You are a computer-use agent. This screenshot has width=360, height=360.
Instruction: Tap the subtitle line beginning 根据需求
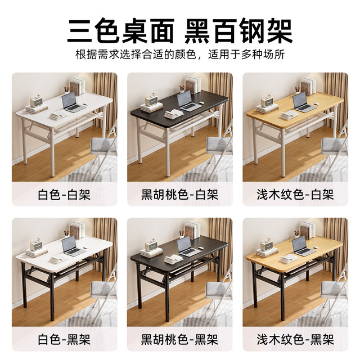180,56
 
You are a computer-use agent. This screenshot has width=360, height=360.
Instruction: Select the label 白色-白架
64,195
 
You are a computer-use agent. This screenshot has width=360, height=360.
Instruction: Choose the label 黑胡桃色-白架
180,195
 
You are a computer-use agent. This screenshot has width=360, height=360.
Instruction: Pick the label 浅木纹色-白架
295,195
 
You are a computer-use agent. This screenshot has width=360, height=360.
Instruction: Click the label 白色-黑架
64,340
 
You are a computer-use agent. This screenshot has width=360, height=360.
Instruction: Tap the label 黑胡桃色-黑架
180,340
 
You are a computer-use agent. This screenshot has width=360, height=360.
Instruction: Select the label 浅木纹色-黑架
295,340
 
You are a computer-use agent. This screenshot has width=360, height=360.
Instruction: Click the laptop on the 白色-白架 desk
71,101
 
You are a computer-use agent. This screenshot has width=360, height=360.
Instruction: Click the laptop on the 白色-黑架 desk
71,246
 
